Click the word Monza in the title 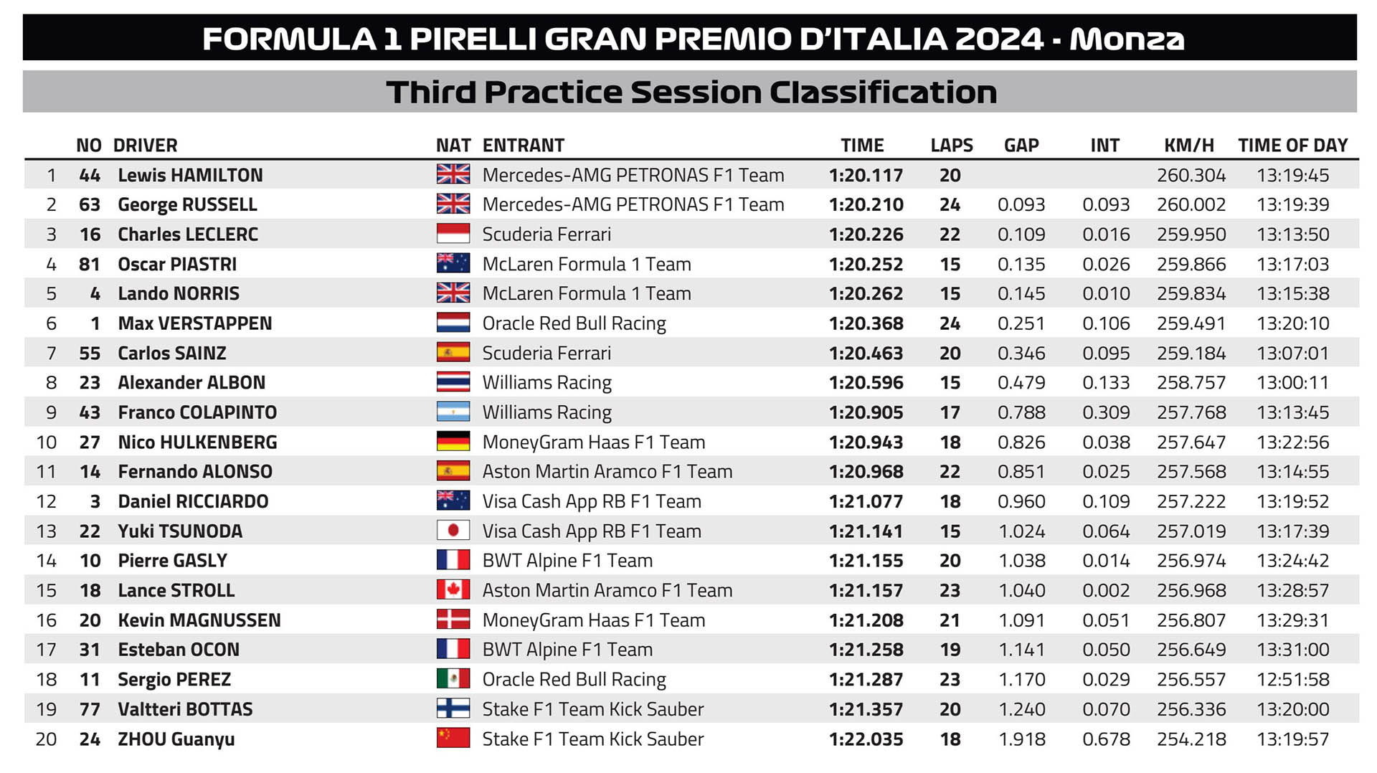click(x=1127, y=39)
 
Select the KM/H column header click(x=1189, y=146)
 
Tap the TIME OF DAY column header click(x=1293, y=146)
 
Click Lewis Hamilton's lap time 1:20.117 click(x=866, y=175)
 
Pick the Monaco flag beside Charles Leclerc click(x=453, y=234)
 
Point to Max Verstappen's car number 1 click(x=95, y=323)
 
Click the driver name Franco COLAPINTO click(x=197, y=412)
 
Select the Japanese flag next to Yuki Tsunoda click(x=453, y=531)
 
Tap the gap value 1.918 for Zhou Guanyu click(x=1022, y=739)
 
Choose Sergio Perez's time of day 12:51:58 click(x=1293, y=679)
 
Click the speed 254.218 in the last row click(x=1191, y=739)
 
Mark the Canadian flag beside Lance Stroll click(x=453, y=590)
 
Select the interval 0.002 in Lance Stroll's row click(x=1106, y=590)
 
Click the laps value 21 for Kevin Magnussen click(x=950, y=620)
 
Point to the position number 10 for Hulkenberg click(x=47, y=442)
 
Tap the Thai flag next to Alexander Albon click(x=453, y=382)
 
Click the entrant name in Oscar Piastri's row click(x=587, y=264)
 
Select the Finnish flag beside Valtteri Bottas click(x=453, y=708)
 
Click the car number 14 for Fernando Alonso click(x=90, y=472)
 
